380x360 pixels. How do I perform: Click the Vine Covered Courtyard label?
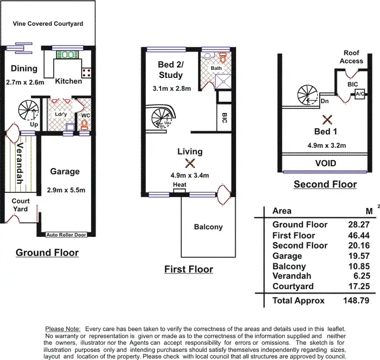[48, 24]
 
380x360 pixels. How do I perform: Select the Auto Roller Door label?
[66, 235]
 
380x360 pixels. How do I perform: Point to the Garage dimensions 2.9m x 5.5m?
[65, 190]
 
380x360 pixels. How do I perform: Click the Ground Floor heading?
[47, 252]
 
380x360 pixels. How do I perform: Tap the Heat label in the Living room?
[179, 185]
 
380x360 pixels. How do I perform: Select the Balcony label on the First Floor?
[208, 227]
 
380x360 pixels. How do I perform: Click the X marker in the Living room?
[190, 163]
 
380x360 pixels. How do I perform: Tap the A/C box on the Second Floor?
[360, 94]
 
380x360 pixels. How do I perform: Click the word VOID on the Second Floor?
[325, 164]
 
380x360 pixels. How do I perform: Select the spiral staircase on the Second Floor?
[308, 95]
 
